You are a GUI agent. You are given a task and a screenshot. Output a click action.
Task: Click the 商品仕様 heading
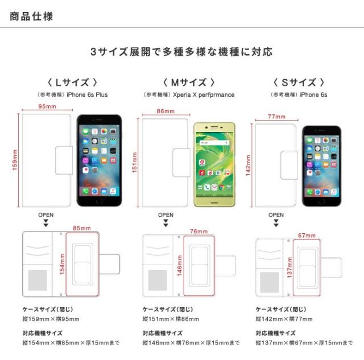click(31, 16)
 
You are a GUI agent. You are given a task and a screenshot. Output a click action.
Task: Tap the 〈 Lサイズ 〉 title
click(72, 82)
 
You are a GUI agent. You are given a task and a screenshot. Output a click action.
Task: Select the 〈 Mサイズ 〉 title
click(189, 82)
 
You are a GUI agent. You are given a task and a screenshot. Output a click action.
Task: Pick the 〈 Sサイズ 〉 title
click(299, 82)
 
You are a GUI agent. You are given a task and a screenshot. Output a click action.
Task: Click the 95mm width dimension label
click(47, 106)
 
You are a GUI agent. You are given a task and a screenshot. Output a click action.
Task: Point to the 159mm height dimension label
click(15, 160)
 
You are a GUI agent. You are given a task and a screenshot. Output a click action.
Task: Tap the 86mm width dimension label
click(166, 111)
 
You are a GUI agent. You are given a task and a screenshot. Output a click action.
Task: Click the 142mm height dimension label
click(248, 165)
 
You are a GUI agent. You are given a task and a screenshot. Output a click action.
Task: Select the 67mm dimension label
click(307, 235)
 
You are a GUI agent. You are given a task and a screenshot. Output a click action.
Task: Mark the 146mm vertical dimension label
click(180, 266)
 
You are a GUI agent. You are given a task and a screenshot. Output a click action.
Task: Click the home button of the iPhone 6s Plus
click(99, 201)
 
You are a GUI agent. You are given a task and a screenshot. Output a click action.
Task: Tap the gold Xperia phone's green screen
click(214, 164)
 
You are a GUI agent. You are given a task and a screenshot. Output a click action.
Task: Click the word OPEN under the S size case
click(276, 215)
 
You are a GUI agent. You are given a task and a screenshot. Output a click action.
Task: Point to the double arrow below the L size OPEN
click(46, 223)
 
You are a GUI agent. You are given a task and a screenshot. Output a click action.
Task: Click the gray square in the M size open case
click(158, 280)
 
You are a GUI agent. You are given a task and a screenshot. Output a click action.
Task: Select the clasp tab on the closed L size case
click(64, 160)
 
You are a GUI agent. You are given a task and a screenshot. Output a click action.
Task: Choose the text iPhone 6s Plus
click(87, 95)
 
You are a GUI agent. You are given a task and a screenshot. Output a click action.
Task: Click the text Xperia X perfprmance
click(204, 95)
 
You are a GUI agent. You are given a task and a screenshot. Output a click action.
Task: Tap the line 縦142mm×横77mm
click(284, 319)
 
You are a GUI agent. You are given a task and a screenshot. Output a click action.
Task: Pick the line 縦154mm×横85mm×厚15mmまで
click(71, 342)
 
